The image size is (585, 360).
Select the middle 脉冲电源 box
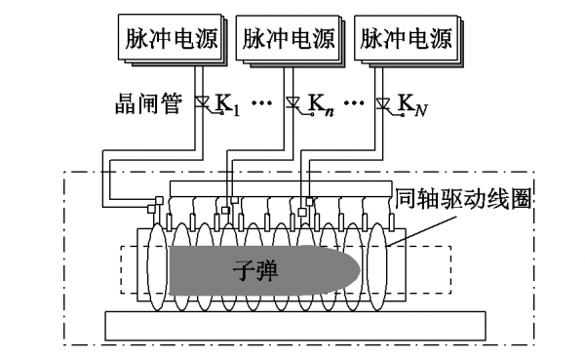click(290, 39)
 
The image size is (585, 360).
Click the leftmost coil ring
click(157, 266)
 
